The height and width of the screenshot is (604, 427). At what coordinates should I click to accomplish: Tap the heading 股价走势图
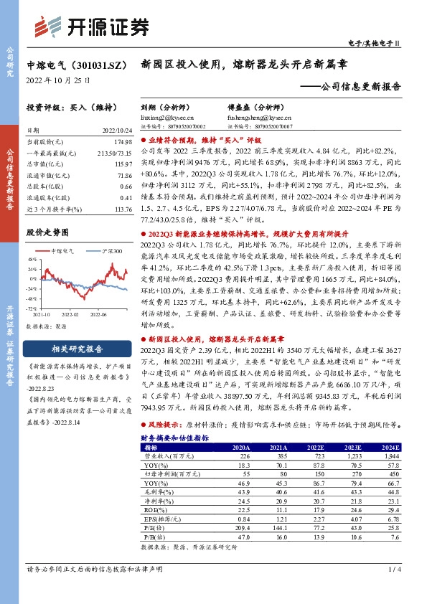(x=47, y=232)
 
